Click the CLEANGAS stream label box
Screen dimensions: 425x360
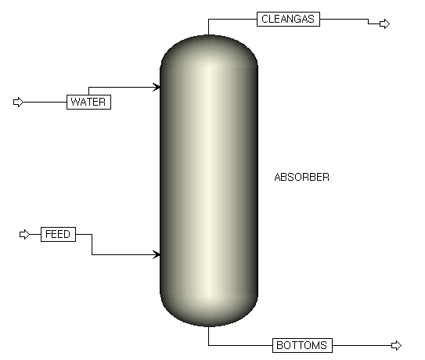288,19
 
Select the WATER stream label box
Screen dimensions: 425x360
88,103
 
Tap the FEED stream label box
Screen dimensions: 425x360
58,234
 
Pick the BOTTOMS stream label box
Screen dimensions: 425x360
302,345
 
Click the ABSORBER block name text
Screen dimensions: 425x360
301,178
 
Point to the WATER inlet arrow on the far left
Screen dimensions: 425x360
18,103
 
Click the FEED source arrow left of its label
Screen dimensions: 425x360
25,234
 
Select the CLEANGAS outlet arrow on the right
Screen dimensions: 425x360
384,23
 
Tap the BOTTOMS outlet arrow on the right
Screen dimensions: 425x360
396,345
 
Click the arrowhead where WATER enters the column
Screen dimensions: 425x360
157,88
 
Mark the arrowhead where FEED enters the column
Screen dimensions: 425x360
157,255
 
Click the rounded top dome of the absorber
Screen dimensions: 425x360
209,50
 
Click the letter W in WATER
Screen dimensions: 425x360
75,103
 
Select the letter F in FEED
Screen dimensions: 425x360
48,234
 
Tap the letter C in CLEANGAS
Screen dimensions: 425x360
265,19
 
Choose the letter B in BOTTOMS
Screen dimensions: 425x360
279,345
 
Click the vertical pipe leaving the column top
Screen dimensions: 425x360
208,27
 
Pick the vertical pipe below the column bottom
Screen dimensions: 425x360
208,336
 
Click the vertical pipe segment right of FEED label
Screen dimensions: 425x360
92,244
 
